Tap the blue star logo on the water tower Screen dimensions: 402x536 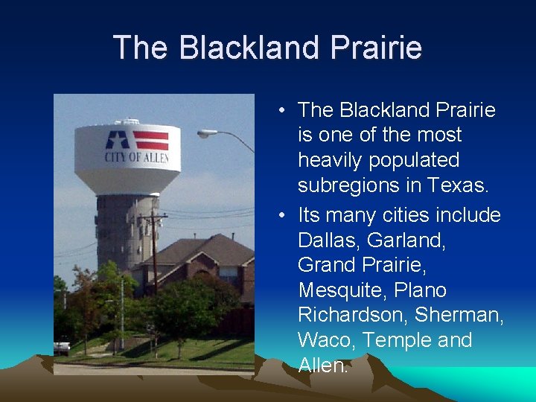(x=117, y=140)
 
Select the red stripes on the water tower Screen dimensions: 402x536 (x=150, y=140)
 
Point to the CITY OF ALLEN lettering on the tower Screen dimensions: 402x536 (x=136, y=158)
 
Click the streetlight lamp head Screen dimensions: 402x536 (x=205, y=134)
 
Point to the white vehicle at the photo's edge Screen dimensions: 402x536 (x=62, y=347)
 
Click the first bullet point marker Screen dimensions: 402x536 (x=284, y=111)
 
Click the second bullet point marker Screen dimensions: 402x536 (x=284, y=216)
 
